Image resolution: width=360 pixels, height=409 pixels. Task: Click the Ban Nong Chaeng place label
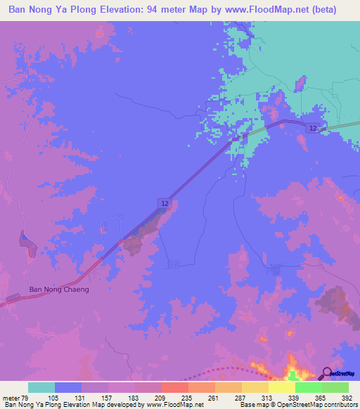[x=59, y=289]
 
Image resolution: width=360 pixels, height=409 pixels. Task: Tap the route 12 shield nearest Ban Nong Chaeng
[x=165, y=203]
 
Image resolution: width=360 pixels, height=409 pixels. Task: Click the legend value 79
[x=27, y=398]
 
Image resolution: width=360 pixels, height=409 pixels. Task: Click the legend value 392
[x=347, y=398]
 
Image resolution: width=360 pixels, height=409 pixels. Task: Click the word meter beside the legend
[x=11, y=398]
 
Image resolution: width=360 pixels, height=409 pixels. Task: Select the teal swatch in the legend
[x=41, y=387]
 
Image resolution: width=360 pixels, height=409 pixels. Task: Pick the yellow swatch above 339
[x=282, y=387]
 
